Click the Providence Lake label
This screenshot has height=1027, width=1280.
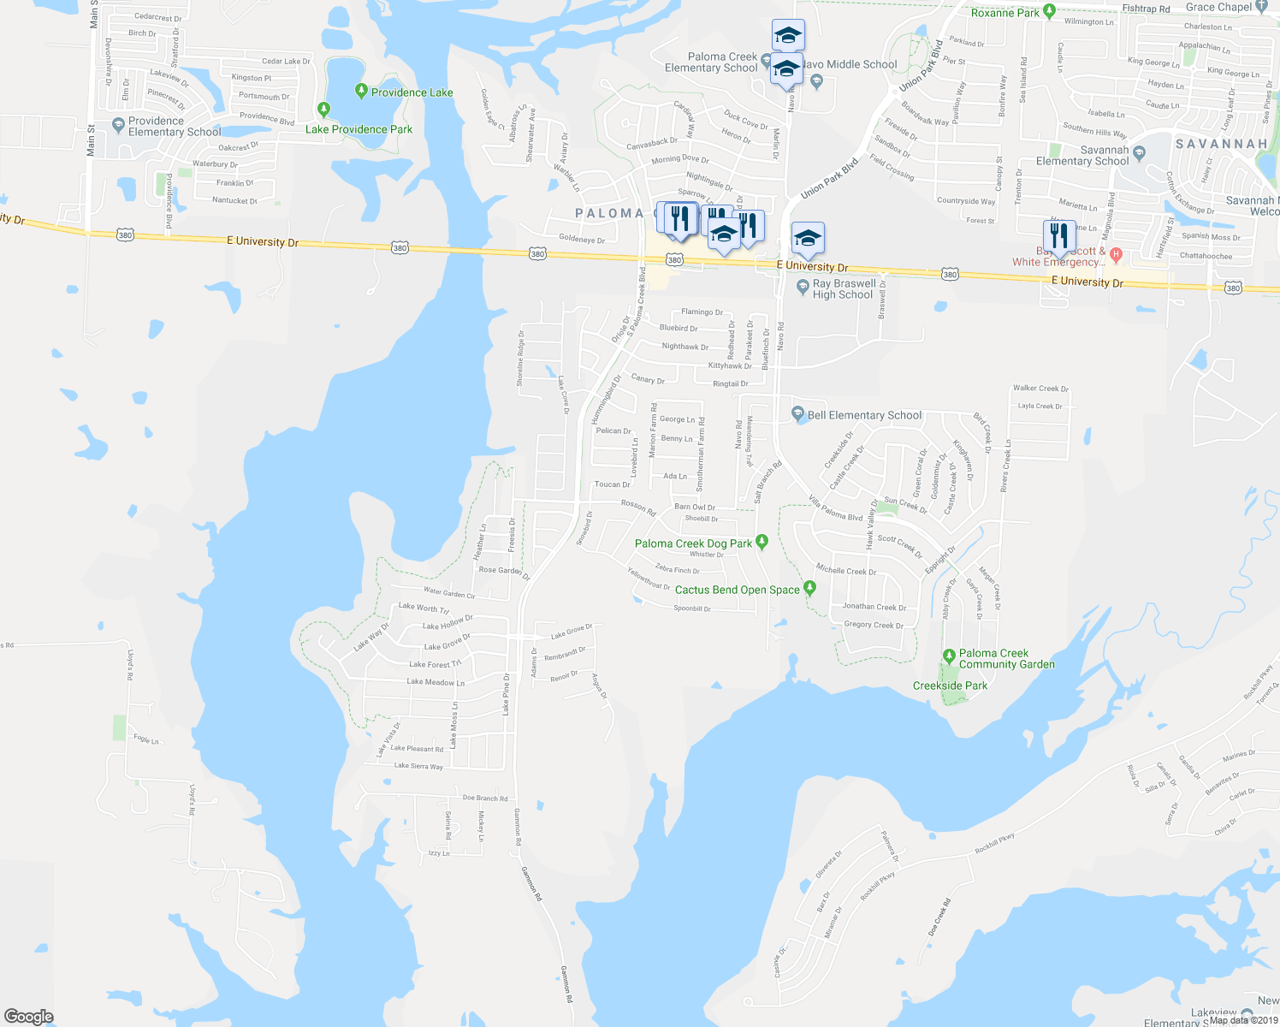(x=412, y=92)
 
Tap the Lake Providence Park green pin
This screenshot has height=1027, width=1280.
(x=323, y=109)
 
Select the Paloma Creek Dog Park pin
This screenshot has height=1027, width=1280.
(x=762, y=542)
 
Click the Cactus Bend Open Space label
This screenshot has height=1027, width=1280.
(x=737, y=590)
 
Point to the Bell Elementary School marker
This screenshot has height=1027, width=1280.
(x=798, y=414)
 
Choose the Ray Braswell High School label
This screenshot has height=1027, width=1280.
(x=844, y=289)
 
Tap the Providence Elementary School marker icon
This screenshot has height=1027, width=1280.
(x=118, y=126)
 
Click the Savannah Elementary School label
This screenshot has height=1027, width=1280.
(x=1082, y=156)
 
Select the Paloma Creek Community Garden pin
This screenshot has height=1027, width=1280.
(x=948, y=656)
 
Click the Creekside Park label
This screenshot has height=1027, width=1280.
(x=950, y=686)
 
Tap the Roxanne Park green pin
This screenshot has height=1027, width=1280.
(x=1049, y=12)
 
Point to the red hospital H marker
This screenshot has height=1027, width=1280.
(x=1116, y=255)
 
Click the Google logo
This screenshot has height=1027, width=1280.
(x=28, y=1016)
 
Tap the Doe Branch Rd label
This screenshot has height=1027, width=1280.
(x=485, y=798)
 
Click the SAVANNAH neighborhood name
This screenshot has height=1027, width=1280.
(x=1221, y=144)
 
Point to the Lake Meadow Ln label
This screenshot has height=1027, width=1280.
(x=436, y=682)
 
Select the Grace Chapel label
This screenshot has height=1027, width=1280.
(x=1218, y=7)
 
